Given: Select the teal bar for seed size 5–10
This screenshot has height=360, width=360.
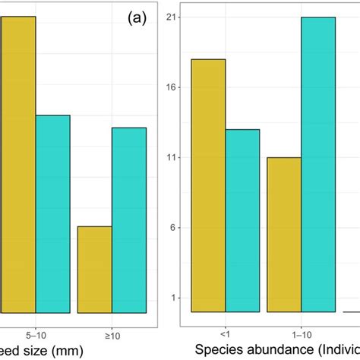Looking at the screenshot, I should click(x=52, y=213).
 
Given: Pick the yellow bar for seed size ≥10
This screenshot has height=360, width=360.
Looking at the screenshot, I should click(x=94, y=270).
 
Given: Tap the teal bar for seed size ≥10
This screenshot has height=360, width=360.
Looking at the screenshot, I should click(x=129, y=220).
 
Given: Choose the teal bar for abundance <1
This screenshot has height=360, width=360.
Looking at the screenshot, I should click(x=242, y=220).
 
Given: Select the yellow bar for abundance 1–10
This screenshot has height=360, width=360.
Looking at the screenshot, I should click(x=284, y=235).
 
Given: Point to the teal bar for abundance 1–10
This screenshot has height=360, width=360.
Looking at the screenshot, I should click(x=317, y=164).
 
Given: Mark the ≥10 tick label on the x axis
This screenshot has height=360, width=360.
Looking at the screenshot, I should click(x=112, y=332).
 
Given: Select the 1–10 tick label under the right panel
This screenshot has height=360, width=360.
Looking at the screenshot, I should click(x=301, y=332).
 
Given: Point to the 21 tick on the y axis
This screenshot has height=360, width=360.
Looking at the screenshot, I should click(x=172, y=17).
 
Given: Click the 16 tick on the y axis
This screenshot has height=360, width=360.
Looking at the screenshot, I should click(x=172, y=87).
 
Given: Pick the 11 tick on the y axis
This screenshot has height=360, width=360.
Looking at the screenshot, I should click(x=172, y=157).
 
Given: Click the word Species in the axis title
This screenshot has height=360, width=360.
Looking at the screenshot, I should click(x=219, y=350).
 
